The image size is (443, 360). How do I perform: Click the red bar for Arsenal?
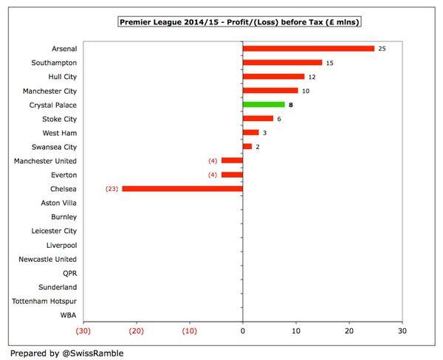[x=309, y=49]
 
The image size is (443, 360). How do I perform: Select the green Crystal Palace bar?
[x=264, y=105]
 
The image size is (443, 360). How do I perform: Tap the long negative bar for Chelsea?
[x=182, y=189]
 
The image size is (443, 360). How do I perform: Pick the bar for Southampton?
[x=282, y=63]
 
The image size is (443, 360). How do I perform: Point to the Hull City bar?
[x=273, y=77]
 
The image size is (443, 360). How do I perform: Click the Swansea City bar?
[x=247, y=147]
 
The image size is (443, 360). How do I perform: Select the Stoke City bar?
[x=258, y=119]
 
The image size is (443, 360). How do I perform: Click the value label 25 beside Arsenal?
[x=382, y=49]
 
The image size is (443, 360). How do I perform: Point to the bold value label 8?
[x=292, y=105]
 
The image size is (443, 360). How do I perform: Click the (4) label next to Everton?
[x=213, y=175]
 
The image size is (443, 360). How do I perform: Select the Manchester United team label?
[x=46, y=161]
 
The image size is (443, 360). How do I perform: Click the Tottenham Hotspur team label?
[x=44, y=301]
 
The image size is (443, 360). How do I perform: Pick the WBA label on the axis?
[x=67, y=315]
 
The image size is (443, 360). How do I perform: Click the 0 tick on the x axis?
[x=243, y=331]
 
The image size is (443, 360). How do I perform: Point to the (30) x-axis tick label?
[x=83, y=331]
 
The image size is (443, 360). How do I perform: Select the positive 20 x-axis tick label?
[x=349, y=331]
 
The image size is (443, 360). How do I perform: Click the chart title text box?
[x=243, y=22]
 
